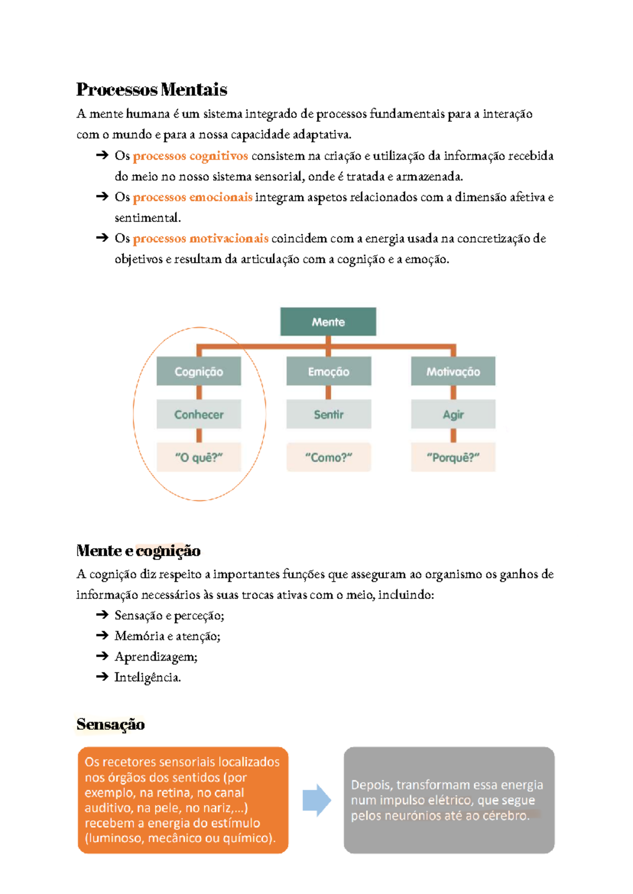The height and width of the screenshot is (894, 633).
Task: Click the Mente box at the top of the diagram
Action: point(328,321)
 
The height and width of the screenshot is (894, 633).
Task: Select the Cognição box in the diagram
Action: point(199,371)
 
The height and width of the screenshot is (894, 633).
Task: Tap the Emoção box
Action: point(329,371)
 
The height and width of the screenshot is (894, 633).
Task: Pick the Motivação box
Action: point(453,371)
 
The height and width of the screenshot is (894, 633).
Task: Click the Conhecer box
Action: point(199,414)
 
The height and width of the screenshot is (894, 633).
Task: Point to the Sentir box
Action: point(329,414)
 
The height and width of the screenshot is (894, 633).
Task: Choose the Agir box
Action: point(453,414)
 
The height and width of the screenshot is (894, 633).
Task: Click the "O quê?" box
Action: point(199,457)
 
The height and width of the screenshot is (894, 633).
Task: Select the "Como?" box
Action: point(329,457)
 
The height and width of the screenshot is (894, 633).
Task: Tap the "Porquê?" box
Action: point(453,457)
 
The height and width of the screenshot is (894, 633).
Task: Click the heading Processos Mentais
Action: point(151,89)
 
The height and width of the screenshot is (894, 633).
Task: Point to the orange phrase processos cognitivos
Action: point(190,156)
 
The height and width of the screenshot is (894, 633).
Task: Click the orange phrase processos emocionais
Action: point(192,197)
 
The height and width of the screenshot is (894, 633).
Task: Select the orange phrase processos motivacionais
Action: point(200,238)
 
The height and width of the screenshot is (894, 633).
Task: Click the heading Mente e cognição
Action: point(138,550)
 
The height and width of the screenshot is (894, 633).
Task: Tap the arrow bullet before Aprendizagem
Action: point(102,656)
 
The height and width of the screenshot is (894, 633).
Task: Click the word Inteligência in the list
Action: point(147,677)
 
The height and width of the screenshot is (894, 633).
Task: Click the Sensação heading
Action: point(110,724)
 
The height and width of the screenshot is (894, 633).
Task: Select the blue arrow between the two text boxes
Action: point(316,800)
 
